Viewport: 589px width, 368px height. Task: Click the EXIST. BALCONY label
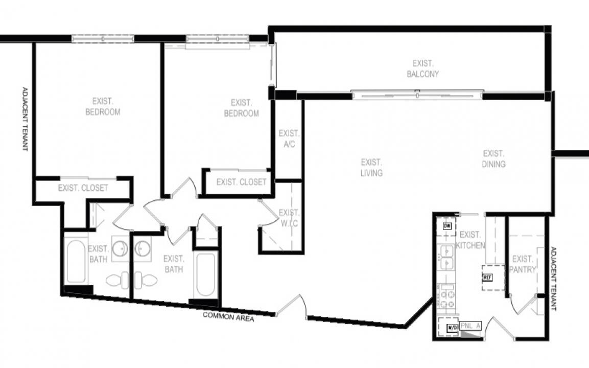(422, 68)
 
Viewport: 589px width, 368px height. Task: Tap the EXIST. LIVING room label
(371, 168)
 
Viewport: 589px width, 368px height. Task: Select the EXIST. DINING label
(493, 159)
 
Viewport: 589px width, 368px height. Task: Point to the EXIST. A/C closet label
(289, 139)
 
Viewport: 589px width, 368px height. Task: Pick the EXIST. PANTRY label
(523, 264)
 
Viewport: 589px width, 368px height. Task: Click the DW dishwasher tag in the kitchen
(447, 226)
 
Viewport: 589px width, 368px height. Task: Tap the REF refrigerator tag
(487, 278)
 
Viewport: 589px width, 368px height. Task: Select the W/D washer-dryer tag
(452, 328)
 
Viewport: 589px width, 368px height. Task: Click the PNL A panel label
(470, 326)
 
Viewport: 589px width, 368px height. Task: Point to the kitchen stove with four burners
(447, 297)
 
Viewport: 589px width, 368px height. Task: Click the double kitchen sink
(447, 258)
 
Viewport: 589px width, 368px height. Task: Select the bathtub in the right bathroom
(206, 275)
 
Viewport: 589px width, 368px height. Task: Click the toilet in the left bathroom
(115, 280)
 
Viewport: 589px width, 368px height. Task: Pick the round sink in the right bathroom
(143, 248)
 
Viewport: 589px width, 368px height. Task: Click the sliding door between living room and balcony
(417, 95)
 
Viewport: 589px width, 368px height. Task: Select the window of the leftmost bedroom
(102, 39)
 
